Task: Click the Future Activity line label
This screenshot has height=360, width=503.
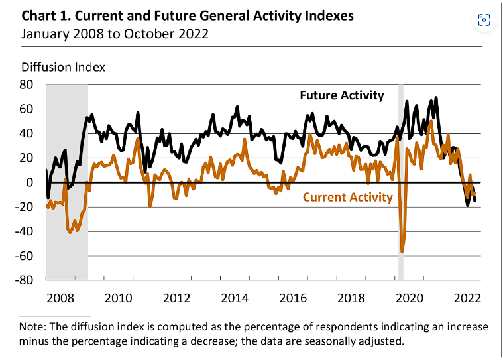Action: point(341,95)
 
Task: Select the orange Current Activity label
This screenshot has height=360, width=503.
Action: point(348,197)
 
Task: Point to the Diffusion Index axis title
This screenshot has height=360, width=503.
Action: point(64,67)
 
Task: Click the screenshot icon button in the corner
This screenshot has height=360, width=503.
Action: point(484,21)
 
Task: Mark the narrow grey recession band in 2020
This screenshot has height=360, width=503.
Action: point(400,179)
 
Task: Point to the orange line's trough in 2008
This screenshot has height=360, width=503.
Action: point(71,231)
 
